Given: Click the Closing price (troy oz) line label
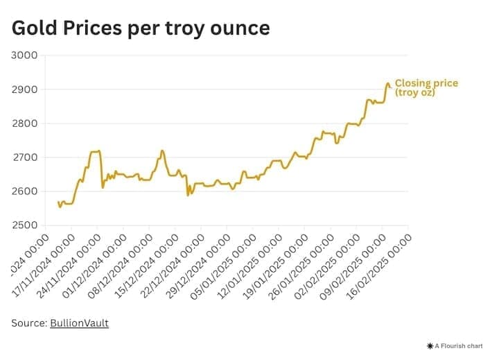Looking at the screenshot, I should (x=426, y=87).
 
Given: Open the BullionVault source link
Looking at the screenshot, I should (x=79, y=323).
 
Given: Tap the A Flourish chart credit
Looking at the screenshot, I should (x=457, y=345).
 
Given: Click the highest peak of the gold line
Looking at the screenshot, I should (x=387, y=83).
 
